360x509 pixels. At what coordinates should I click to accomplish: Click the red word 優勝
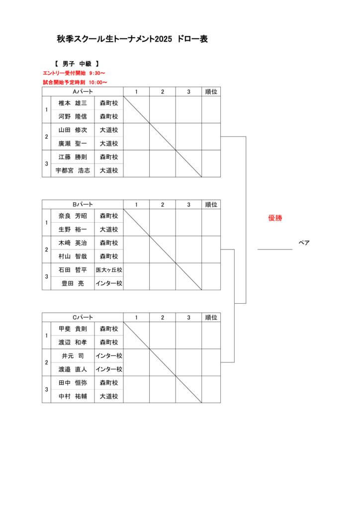pos(275,218)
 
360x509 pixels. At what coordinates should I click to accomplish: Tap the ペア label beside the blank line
pos(304,243)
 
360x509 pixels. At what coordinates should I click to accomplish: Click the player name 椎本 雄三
pos(73,103)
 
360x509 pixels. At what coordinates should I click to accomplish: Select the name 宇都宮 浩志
pos(73,170)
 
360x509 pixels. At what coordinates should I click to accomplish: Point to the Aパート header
pos(83,92)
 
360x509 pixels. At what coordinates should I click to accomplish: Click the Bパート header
pos(83,204)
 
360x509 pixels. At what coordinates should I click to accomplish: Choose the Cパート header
pos(83,317)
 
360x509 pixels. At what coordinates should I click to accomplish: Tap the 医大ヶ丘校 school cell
pos(109,270)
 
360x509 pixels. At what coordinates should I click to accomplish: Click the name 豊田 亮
pos(73,283)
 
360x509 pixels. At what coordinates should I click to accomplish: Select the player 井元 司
pos(73,356)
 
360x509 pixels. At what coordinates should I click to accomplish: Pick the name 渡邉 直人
pos(73,369)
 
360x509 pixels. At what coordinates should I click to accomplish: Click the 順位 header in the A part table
pos(211,92)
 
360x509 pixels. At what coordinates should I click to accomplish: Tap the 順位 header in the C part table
pos(211,317)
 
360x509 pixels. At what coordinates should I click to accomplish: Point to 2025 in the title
pos(163,39)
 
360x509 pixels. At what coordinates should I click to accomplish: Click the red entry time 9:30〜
pos(97,73)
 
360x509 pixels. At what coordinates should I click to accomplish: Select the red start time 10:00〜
pos(98,83)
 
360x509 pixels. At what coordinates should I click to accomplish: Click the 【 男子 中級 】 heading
pos(77,64)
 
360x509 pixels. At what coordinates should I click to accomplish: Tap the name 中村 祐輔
pos(73,396)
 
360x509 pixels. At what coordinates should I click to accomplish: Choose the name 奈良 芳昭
pos(73,216)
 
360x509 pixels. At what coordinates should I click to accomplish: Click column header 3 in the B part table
pos(188,204)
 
